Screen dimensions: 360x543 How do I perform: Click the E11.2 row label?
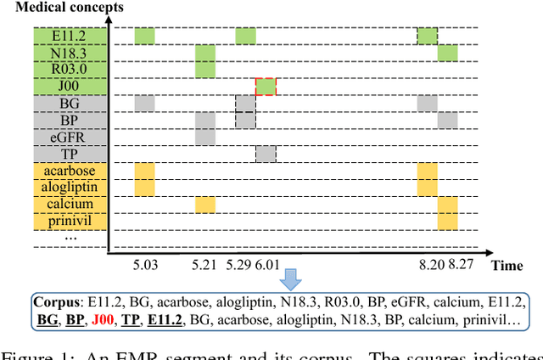(70, 36)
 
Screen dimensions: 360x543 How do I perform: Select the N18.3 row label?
(70, 53)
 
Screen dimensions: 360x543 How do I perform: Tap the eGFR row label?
(70, 137)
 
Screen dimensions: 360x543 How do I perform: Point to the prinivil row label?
(70, 222)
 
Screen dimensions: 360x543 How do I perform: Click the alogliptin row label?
(70, 188)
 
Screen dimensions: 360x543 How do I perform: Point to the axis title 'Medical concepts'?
(76, 8)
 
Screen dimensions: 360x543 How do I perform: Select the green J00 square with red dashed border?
(266, 86)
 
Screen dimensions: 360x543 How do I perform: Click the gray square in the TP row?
(266, 154)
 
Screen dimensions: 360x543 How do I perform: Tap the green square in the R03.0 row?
(205, 70)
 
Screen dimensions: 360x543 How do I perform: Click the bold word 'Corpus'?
(55, 301)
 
